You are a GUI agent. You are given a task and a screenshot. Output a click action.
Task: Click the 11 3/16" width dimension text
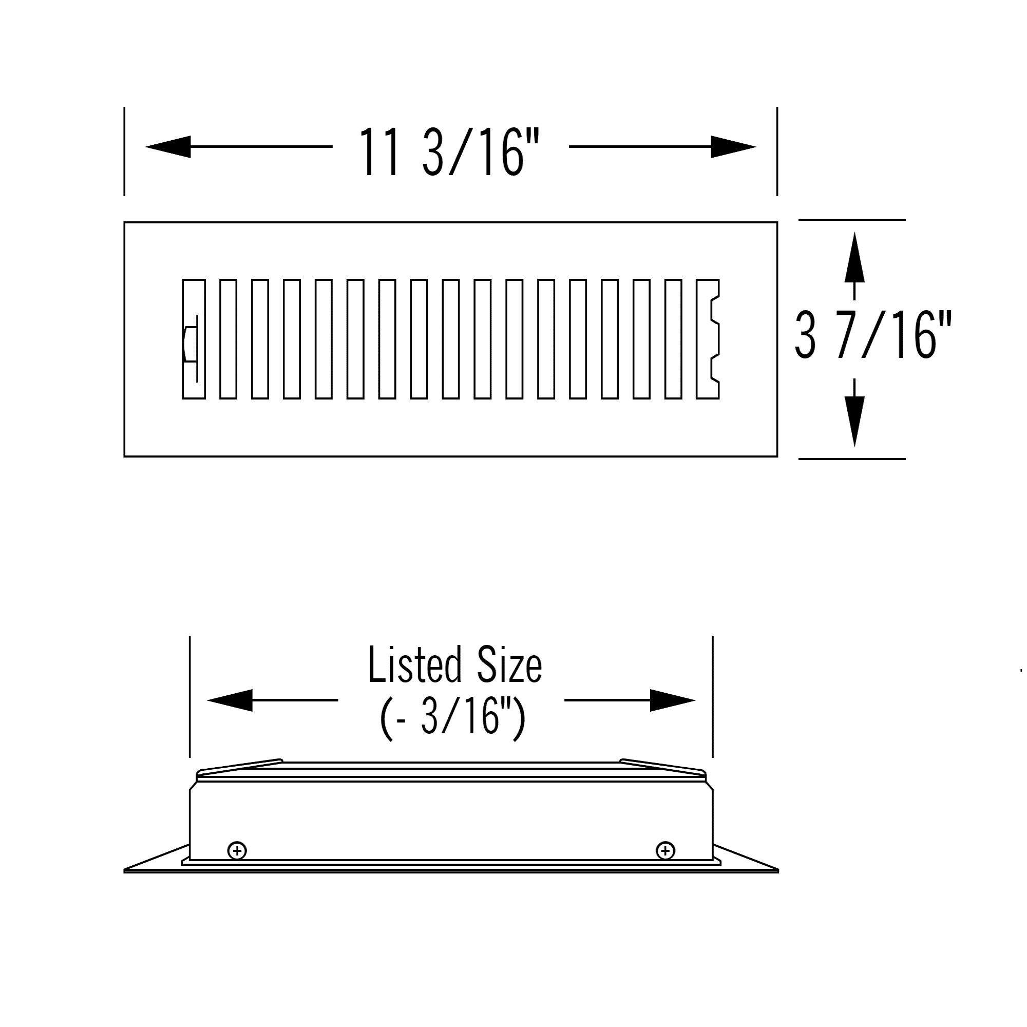pos(449,151)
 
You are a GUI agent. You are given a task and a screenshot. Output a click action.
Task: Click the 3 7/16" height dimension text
pos(873,335)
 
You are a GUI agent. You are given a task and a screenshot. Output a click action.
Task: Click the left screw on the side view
pos(237,851)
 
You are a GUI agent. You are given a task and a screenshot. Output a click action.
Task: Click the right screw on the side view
pos(665,851)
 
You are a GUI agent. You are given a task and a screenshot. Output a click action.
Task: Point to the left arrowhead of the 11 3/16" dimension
pos(168,147)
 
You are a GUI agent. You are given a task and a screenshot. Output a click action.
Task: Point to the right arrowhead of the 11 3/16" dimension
pos(734,147)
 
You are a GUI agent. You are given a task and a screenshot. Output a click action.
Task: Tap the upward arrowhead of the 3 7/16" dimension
pos(854,257)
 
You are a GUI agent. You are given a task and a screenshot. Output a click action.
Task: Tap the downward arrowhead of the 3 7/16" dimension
pos(854,422)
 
